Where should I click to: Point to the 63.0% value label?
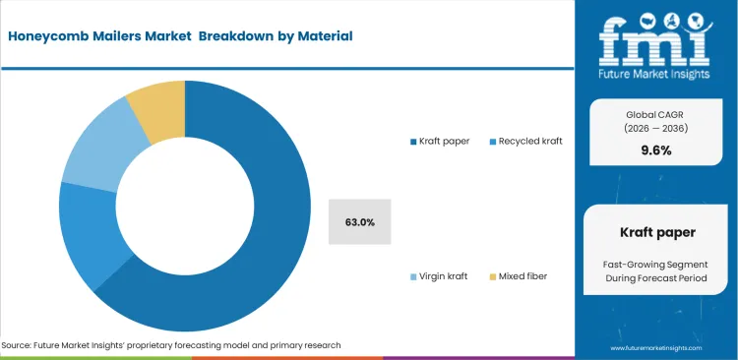click(x=359, y=222)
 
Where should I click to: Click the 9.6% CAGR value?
click(x=654, y=150)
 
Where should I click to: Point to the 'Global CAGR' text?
click(x=654, y=115)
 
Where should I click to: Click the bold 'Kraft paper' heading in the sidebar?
click(x=654, y=234)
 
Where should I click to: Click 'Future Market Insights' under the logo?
click(x=654, y=74)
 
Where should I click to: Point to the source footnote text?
click(x=171, y=345)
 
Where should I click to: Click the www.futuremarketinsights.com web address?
click(x=655, y=348)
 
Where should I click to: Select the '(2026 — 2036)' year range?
click(x=654, y=129)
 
